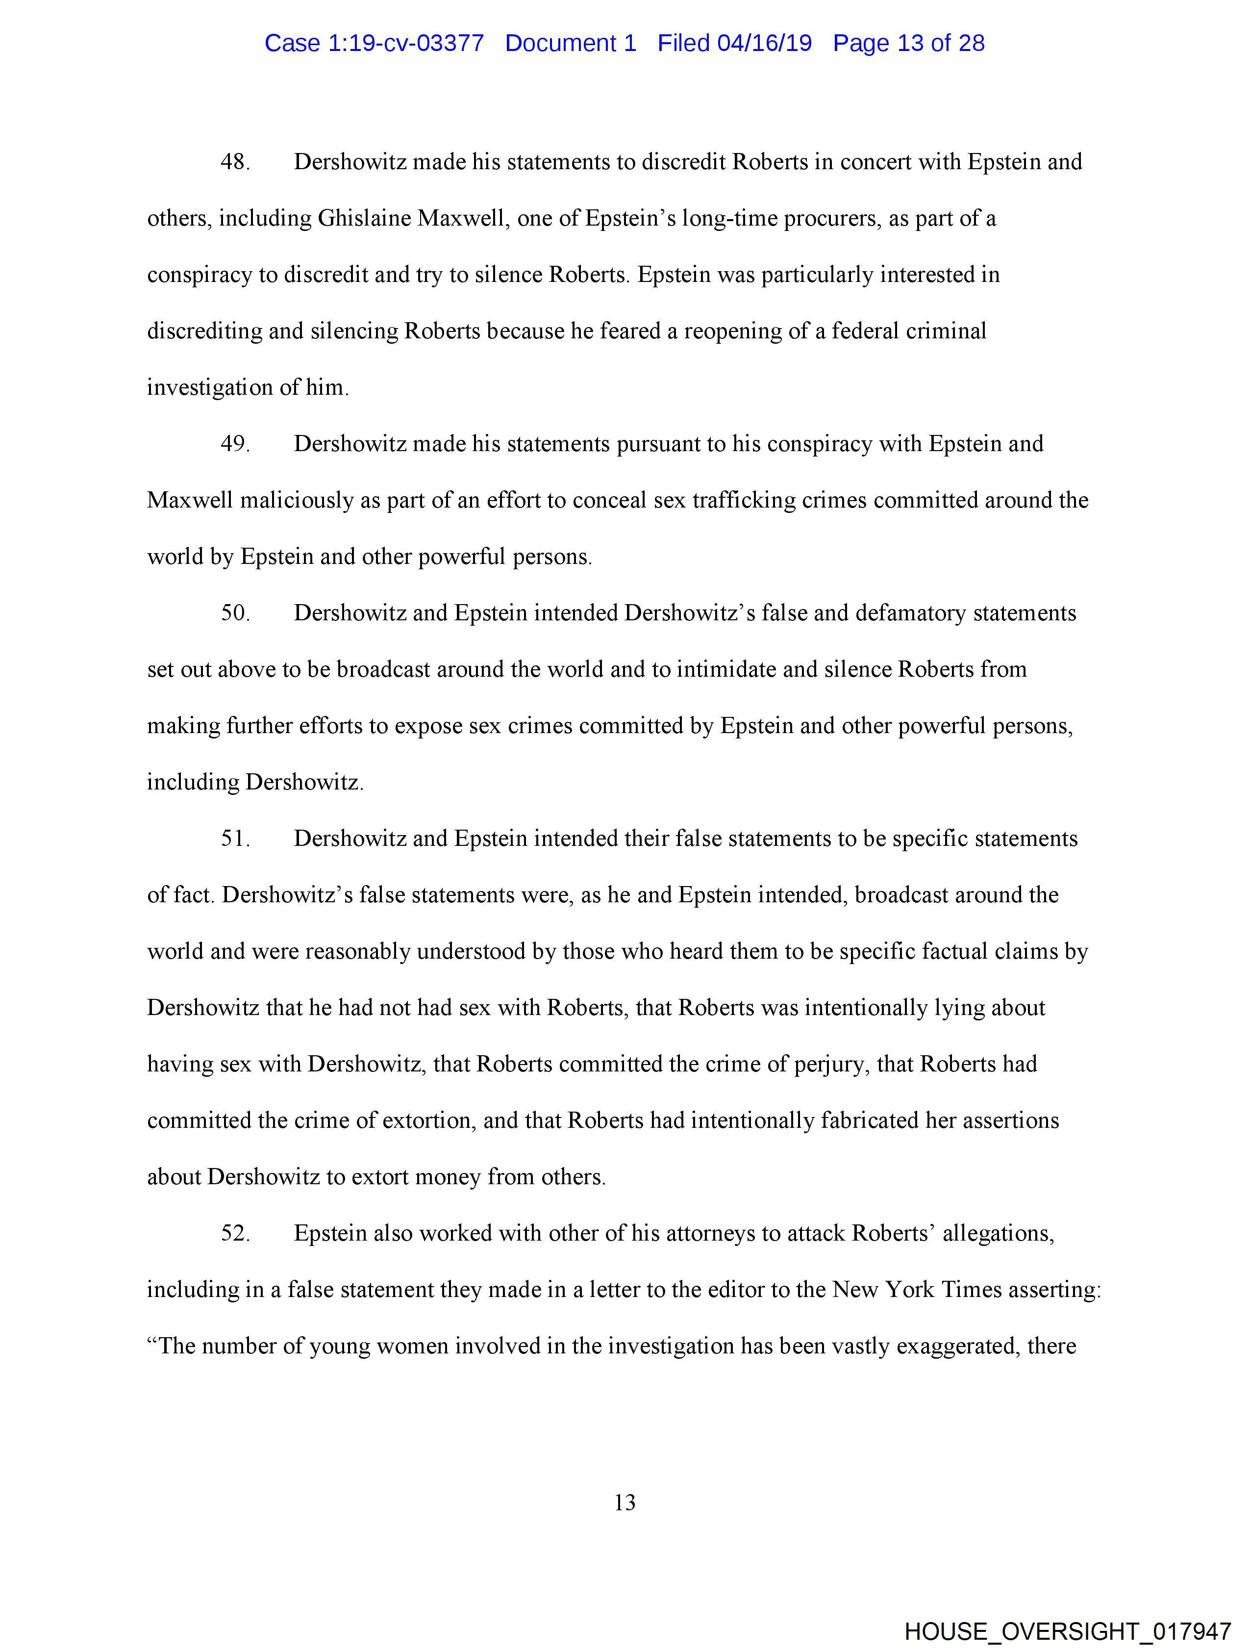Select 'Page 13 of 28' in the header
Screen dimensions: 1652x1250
909,43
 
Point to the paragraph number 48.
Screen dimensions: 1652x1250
234,162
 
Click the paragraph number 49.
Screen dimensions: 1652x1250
234,444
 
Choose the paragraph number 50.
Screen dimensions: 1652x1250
234,613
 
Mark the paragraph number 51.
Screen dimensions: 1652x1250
234,839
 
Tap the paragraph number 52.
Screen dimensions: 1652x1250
234,1233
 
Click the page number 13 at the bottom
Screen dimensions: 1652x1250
624,1502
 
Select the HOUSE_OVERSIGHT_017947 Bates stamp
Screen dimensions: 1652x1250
1068,1631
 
